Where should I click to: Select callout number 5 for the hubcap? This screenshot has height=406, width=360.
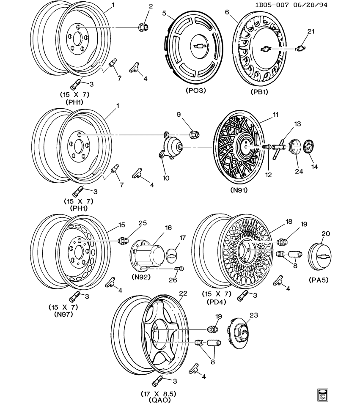(164, 13)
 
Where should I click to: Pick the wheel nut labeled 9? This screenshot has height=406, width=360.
(194, 134)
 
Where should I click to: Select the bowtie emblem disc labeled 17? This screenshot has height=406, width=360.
(171, 254)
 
